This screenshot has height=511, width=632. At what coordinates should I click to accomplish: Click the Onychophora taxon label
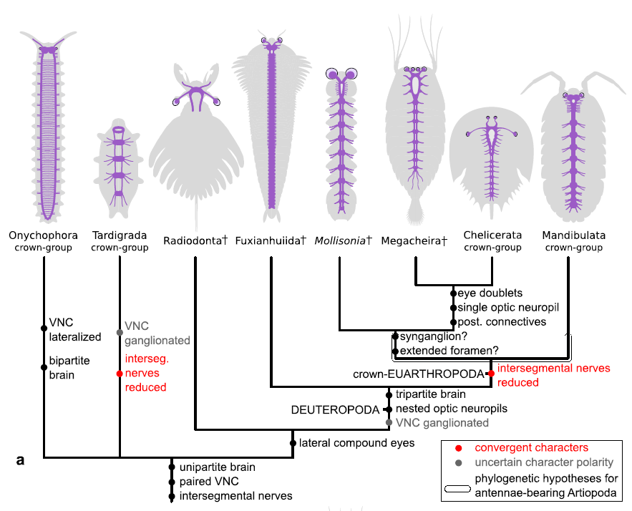[44, 235]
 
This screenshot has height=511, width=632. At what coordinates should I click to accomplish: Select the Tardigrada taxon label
[120, 235]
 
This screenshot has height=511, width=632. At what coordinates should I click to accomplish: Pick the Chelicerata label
[492, 235]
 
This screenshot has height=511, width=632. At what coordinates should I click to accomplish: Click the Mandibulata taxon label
[573, 235]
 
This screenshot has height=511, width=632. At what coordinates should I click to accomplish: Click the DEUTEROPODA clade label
[334, 410]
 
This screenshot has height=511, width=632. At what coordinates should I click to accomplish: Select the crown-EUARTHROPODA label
[419, 374]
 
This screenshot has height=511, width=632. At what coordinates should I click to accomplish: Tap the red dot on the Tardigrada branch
[120, 374]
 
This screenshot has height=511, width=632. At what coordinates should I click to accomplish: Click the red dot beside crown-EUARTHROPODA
[491, 374]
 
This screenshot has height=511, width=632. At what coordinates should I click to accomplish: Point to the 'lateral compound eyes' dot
[293, 443]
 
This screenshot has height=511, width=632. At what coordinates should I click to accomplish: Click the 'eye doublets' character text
[490, 293]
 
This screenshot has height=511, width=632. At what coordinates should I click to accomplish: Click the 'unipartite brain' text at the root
[217, 467]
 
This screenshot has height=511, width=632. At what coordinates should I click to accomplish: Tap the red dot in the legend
[457, 448]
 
